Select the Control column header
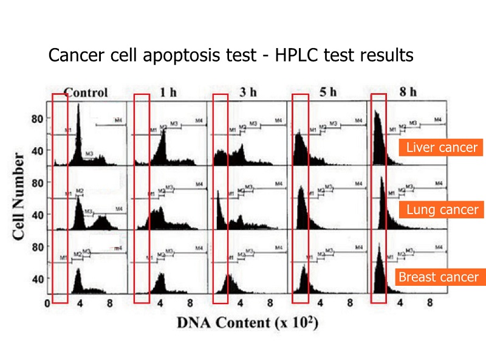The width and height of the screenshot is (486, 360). (86, 93)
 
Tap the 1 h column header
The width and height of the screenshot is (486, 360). (168, 93)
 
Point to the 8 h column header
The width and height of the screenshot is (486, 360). (408, 93)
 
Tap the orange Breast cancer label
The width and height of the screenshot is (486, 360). (437, 277)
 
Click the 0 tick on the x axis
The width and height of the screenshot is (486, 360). (48, 302)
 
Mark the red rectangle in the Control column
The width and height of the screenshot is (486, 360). (60, 198)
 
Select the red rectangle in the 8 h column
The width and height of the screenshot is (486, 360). (378, 198)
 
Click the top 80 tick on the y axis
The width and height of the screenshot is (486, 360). (37, 119)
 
